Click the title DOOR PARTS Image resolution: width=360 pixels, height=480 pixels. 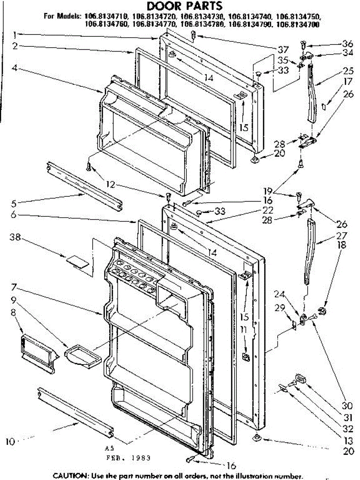(x=184, y=6)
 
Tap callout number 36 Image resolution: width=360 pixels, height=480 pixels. (x=348, y=44)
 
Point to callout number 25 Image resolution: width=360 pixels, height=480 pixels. (x=348, y=71)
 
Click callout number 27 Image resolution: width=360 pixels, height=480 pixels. (x=342, y=235)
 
